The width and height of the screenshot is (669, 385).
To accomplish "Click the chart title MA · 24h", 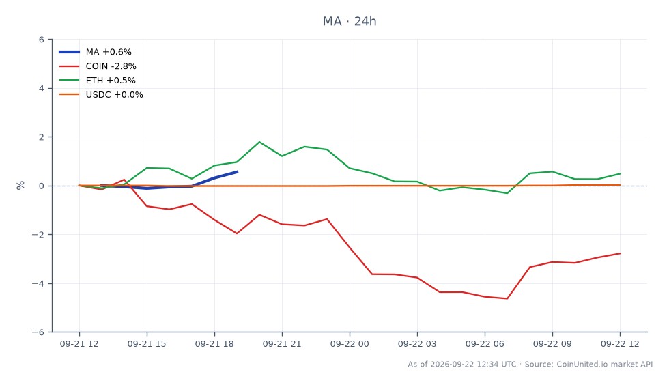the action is point(350,21).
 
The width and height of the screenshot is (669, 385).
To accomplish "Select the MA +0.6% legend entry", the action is point(95,52).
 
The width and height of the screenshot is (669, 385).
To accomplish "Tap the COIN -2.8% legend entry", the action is point(97,66).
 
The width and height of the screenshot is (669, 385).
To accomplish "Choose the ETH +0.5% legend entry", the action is point(97,81).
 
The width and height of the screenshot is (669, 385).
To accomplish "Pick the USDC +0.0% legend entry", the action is point(101,95).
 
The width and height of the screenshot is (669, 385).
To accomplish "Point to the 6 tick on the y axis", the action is point(42,40).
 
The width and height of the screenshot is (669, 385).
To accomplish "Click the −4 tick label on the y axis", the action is point(38,283).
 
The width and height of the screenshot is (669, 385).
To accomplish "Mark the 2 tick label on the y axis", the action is point(42,137).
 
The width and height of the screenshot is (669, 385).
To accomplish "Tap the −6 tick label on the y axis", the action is point(38,332).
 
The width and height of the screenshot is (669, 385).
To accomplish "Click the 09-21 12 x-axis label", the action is point(79,344).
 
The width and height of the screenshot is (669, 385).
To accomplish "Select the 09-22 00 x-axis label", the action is point(350,344).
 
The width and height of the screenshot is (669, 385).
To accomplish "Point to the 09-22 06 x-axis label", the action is point(485,344).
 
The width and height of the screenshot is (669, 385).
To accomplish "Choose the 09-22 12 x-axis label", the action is point(620,344).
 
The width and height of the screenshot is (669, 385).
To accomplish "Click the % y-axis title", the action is point(20,185).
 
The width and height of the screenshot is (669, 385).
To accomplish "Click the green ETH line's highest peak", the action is point(259,142).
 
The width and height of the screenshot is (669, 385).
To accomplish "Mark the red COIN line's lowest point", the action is point(507,298).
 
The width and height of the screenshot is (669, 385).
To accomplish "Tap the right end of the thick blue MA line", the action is point(238,171).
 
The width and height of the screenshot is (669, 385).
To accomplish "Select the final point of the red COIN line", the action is point(620,253).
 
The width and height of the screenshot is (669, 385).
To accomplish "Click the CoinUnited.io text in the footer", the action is point(582,364).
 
